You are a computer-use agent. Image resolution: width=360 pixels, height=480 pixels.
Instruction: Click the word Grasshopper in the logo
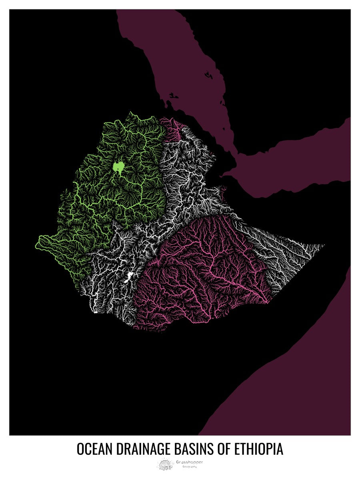pyautogui.click(x=189, y=462)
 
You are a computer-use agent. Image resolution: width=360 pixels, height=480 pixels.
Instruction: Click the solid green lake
pyautogui.click(x=118, y=166)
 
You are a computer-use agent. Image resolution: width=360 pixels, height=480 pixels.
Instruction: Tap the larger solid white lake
pyautogui.click(x=129, y=276)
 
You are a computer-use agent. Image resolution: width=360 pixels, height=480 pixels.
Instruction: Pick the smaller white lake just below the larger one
pyautogui.click(x=125, y=282)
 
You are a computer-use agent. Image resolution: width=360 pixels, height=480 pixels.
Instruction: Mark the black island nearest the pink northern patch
pyautogui.click(x=173, y=96)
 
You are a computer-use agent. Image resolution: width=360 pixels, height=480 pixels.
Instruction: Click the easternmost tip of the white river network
pyautogui.click(x=324, y=245)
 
